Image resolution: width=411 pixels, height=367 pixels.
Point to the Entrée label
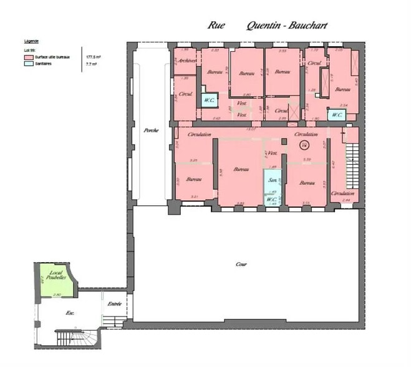(x=114, y=304)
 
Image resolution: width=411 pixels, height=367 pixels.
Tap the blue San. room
(x=272, y=180)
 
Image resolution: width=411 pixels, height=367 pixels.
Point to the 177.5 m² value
(x=94, y=56)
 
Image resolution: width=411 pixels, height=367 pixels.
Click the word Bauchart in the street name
(x=305, y=26)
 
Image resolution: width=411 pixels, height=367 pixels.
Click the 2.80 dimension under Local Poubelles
(x=56, y=295)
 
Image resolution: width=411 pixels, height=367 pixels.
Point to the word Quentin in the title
(x=264, y=26)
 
